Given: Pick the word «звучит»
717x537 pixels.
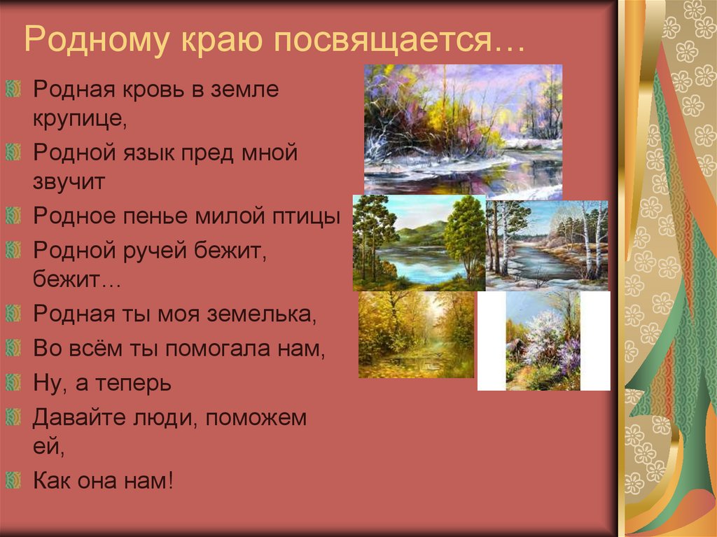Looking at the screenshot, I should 69,182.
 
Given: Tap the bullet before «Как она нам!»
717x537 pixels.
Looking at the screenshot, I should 14,481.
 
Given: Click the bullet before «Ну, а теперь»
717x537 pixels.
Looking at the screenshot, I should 14,382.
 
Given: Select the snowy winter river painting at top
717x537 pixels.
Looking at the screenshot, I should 463,129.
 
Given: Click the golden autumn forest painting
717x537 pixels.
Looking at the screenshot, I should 416,335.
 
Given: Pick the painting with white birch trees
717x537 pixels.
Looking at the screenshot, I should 546,245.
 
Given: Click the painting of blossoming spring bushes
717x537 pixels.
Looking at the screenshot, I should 543,340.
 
